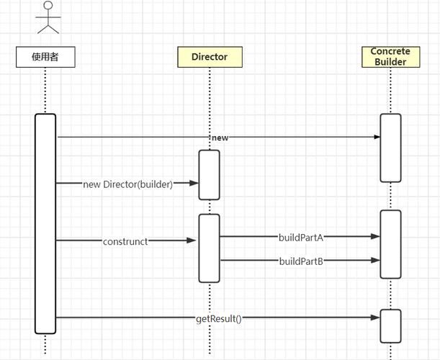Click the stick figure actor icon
[48, 17]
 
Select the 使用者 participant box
[45, 57]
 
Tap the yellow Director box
[210, 57]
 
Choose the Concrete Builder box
[390, 56]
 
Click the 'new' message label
[220, 137]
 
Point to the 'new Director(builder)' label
[128, 184]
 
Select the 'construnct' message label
[125, 241]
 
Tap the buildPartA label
[301, 236]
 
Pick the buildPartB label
[301, 261]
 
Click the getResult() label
[218, 318]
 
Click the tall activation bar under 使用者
[45, 223]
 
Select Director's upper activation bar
[209, 174]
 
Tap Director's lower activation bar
[209, 248]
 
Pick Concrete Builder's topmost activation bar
[390, 148]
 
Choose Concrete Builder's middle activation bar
[390, 244]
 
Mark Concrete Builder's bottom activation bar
[390, 325]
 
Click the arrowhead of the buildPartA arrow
[375, 236]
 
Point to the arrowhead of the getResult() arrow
[375, 318]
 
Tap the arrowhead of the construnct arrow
[193, 241]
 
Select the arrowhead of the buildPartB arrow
[375, 261]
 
